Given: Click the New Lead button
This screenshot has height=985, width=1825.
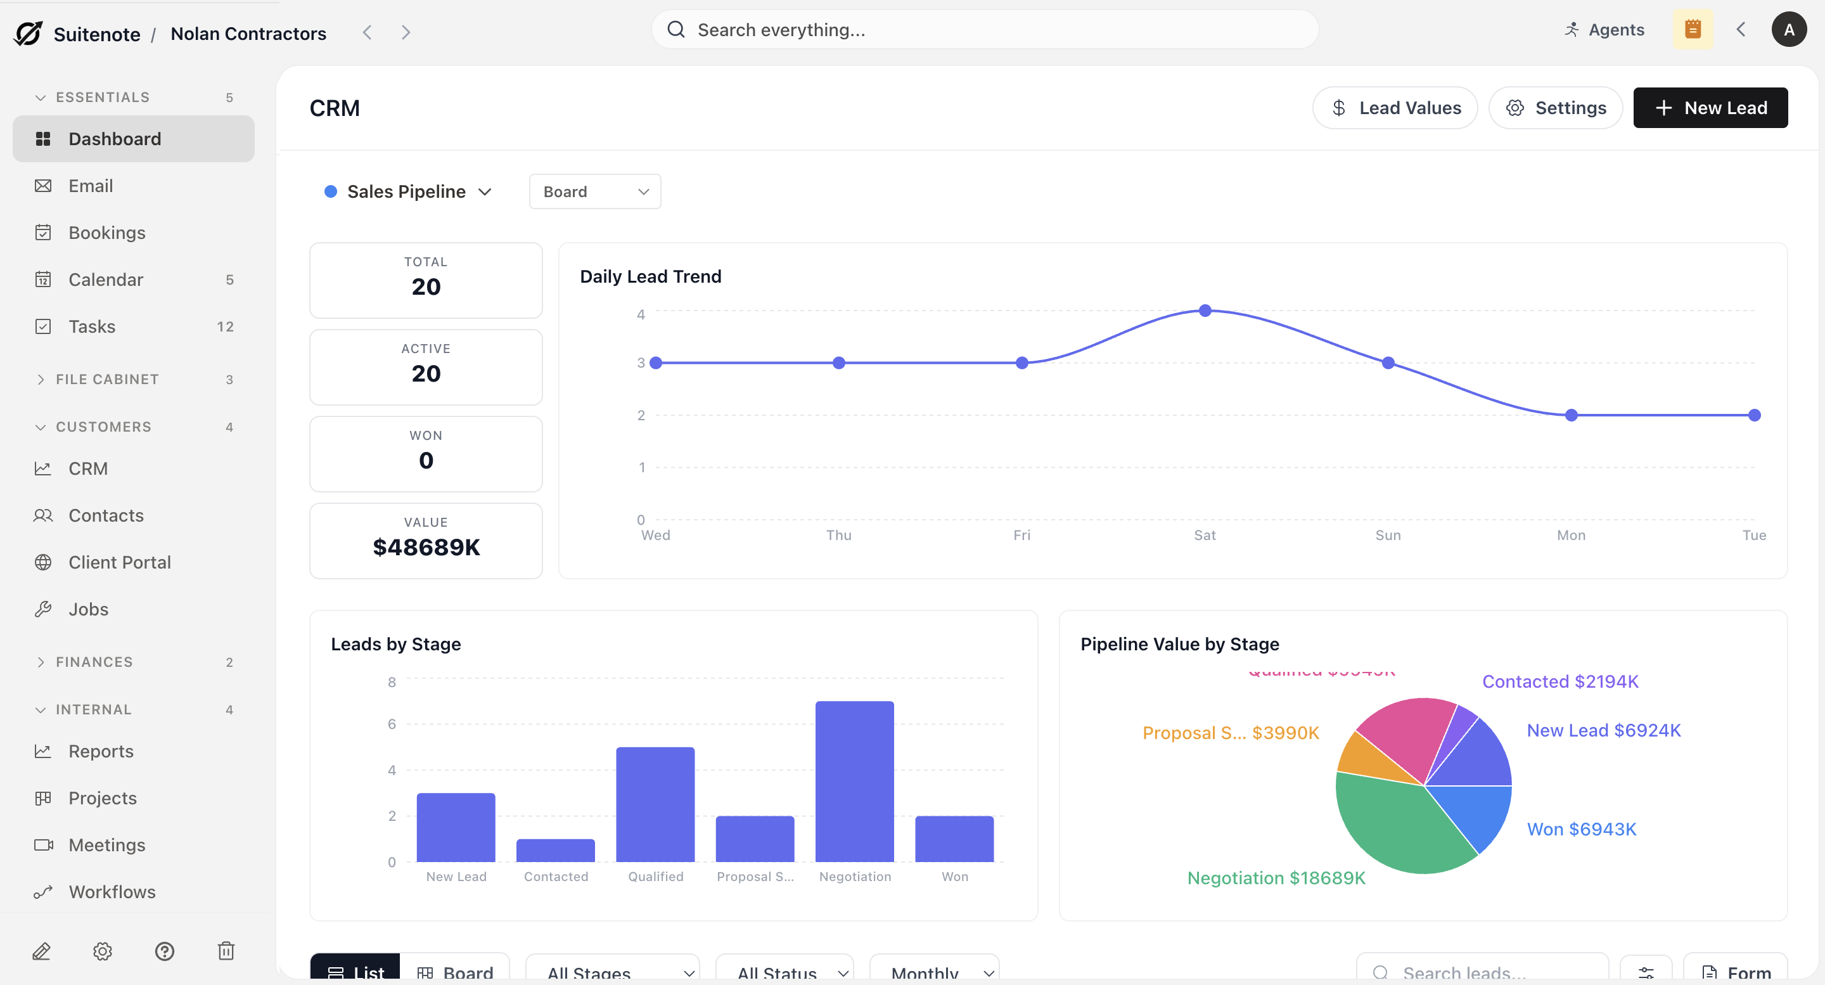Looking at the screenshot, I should click(1710, 108).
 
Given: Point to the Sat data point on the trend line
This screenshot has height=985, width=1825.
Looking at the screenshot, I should click(1205, 311).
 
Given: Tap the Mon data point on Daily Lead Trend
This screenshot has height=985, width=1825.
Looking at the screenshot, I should click(1571, 415).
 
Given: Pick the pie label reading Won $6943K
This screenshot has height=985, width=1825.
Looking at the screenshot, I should click(1580, 829).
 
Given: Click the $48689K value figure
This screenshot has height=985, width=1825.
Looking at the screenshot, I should click(426, 547).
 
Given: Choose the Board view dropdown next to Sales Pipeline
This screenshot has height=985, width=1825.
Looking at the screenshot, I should click(594, 191).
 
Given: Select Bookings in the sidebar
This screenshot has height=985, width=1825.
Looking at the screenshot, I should click(107, 233).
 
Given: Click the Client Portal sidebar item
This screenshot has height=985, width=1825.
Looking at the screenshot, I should click(120, 562).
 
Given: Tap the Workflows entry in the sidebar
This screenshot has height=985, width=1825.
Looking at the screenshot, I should click(112, 891).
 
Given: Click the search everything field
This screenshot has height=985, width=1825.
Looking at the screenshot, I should click(985, 30).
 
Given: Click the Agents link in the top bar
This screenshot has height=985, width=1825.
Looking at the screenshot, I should click(1604, 30).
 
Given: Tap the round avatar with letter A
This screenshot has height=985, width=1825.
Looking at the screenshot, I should click(1788, 30).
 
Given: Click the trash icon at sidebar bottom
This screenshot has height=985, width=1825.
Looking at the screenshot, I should click(226, 950).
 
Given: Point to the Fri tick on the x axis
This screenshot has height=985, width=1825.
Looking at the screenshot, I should click(1021, 535).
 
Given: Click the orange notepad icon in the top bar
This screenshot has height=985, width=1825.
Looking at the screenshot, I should click(1693, 30).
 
